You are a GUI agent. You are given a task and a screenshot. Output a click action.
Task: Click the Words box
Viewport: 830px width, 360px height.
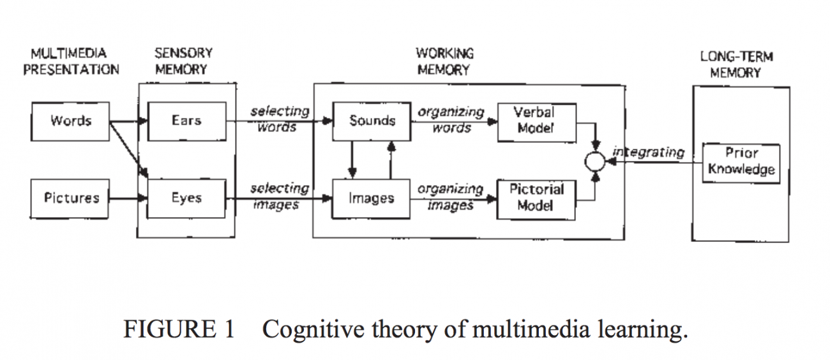pos(70,121)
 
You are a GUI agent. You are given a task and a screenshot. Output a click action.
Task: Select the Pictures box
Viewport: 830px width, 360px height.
pos(71,198)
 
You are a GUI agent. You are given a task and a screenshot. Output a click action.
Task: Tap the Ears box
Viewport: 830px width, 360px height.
pos(186,121)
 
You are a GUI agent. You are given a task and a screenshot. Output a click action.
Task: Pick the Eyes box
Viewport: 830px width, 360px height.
pos(186,198)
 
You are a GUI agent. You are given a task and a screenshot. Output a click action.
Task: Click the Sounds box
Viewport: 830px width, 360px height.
pos(372,121)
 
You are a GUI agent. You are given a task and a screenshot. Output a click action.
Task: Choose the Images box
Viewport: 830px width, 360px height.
pos(371,199)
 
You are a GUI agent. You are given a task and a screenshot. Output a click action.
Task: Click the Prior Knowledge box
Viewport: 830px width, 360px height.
pos(741,161)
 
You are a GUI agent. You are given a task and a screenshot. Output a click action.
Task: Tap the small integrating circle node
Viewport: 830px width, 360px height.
pos(594,162)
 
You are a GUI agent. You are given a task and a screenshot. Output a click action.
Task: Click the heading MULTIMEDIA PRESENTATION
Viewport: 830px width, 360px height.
pos(70,61)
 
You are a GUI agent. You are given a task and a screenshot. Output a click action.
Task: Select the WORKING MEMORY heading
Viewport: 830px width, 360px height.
pos(444,61)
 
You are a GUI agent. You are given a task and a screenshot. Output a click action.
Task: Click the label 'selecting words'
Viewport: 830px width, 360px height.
pos(279,119)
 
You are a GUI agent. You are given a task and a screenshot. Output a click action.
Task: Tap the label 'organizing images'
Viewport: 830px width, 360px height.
pos(450,197)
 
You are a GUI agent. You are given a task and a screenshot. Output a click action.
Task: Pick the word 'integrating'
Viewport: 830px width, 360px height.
pos(648,153)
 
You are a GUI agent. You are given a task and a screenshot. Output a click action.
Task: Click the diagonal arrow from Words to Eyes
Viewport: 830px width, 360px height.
pos(128,147)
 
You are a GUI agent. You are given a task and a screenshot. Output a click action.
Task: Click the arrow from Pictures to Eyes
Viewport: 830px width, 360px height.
pos(128,198)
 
